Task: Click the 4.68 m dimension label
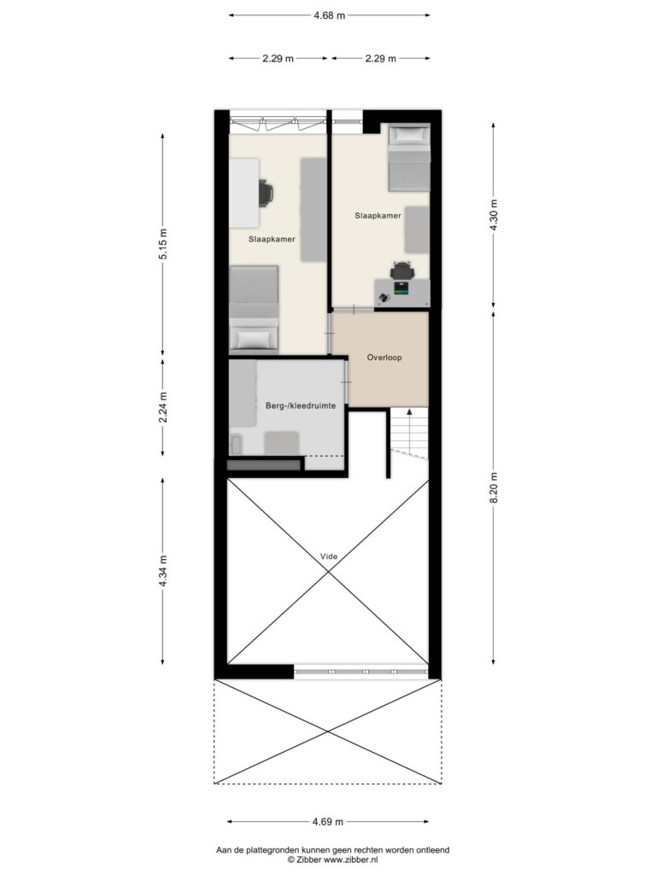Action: (329, 15)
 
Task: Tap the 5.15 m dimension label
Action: (163, 244)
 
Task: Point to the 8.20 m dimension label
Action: (493, 487)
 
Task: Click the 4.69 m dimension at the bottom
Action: (327, 821)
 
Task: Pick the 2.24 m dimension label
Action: (163, 407)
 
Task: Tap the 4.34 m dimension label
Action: (163, 571)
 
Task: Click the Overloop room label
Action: (384, 358)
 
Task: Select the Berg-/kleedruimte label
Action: (301, 405)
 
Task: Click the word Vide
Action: (329, 556)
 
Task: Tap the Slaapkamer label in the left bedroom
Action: (272, 239)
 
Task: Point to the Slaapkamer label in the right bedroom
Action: (378, 215)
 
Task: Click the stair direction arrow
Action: (409, 430)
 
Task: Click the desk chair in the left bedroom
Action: (266, 193)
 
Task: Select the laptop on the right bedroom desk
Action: (401, 288)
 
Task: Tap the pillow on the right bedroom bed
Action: (409, 135)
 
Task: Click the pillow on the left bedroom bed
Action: (254, 338)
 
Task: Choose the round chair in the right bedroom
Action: (402, 271)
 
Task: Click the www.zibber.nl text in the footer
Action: (350, 860)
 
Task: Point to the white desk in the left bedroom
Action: (244, 193)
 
